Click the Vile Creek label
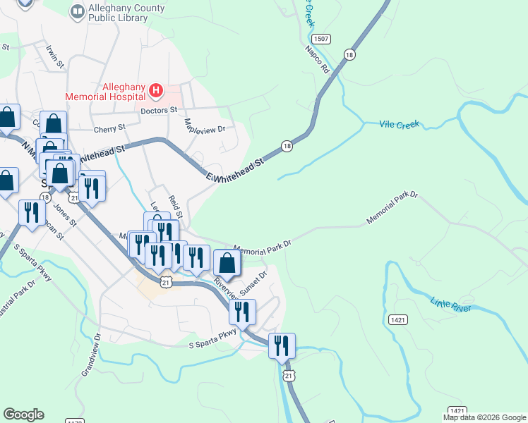click(x=399, y=124)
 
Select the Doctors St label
click(x=158, y=111)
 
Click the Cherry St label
click(x=109, y=128)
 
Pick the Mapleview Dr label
click(x=204, y=129)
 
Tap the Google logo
click(x=23, y=415)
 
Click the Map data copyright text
click(x=484, y=417)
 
